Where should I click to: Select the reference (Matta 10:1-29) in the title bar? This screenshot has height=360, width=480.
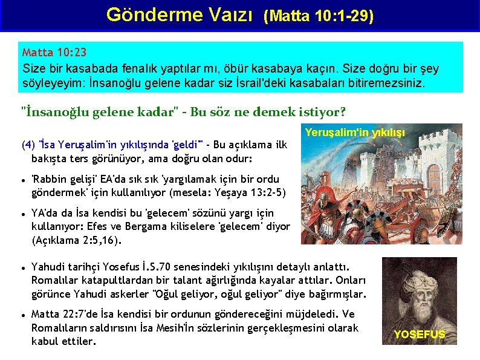tap(318, 16)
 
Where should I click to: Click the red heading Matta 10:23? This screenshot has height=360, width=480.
tap(54, 53)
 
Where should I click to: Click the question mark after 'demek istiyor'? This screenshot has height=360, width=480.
tap(343, 112)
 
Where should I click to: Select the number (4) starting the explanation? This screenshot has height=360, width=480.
tap(28, 145)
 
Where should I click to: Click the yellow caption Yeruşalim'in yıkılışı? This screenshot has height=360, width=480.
tap(355, 131)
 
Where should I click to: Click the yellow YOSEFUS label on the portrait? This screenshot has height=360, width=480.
tap(420, 335)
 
